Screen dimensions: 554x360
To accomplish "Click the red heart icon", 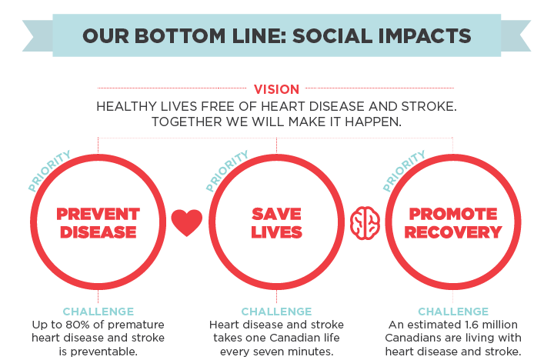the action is pos(187,222).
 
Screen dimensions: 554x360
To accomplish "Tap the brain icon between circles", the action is pos(365,223).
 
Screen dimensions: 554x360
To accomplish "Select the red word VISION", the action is pos(276,89).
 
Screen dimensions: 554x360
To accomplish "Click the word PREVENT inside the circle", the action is pos(98,214).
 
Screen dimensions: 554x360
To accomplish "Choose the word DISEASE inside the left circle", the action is pos(98,232).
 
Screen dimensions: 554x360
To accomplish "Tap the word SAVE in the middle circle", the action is pos(276,214).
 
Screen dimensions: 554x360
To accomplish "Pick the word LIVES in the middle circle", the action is pos(276,232).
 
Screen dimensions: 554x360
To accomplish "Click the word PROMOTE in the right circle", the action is pos(453,214).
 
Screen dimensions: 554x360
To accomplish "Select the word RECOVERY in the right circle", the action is pos(453,232).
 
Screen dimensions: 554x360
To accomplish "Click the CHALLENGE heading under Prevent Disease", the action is pos(98,312).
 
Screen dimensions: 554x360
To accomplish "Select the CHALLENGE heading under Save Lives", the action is pos(276,312).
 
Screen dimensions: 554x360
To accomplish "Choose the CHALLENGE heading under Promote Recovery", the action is pos(453,312).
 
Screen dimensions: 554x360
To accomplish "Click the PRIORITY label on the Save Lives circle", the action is pos(227,171).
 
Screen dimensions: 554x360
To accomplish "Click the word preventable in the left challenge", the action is pos(104,352).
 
